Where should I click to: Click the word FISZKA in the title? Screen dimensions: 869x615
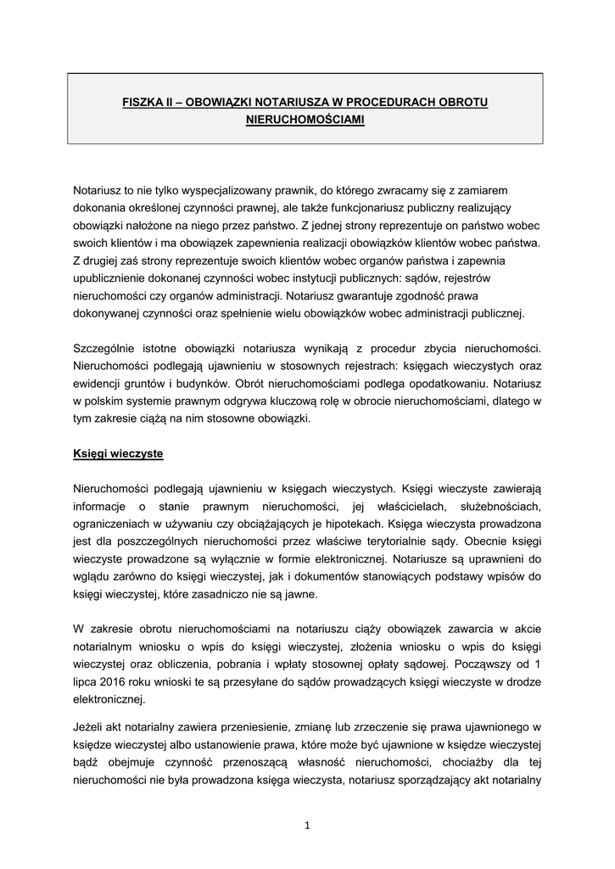point(142,102)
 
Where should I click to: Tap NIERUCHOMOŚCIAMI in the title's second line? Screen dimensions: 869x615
point(305,121)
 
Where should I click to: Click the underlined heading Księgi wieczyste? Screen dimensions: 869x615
point(118,454)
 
